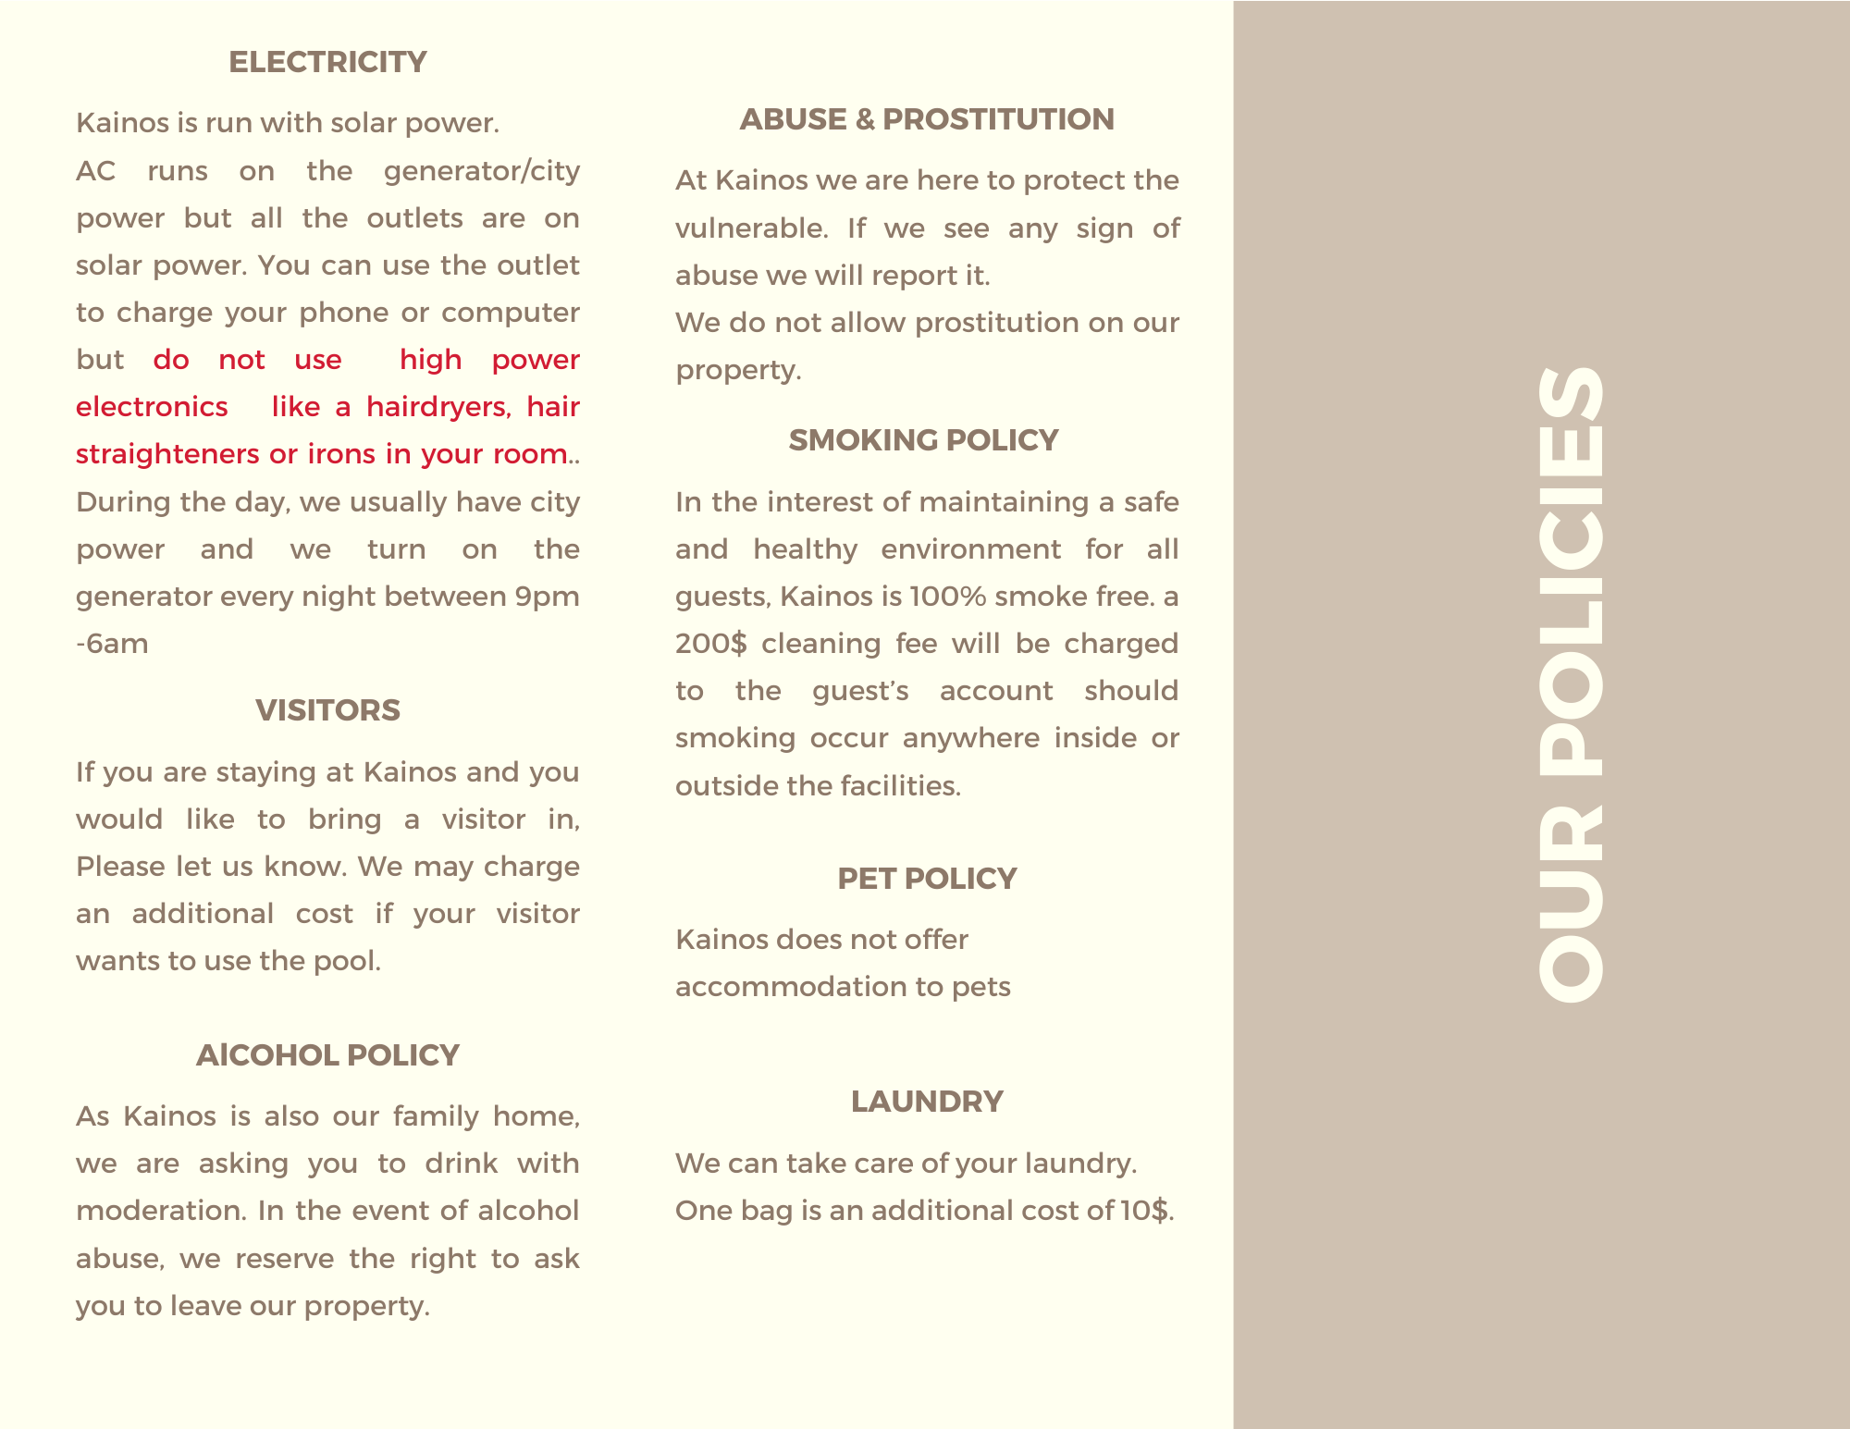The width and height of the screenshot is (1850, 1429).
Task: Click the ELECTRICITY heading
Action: (327, 62)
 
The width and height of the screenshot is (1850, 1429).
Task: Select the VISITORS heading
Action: (327, 710)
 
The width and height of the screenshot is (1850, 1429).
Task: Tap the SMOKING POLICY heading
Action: (923, 440)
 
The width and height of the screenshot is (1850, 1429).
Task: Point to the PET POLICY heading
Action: (927, 879)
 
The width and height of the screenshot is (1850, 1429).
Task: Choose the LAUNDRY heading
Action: (927, 1102)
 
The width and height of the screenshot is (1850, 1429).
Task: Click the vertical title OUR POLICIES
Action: (1571, 684)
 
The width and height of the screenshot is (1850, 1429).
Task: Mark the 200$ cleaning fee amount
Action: (710, 644)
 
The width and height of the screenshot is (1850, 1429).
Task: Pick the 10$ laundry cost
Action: (1145, 1211)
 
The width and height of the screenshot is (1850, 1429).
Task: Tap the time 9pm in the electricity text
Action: (547, 597)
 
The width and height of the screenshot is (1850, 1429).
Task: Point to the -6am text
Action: (112, 644)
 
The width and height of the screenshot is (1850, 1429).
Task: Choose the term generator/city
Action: (481, 171)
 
